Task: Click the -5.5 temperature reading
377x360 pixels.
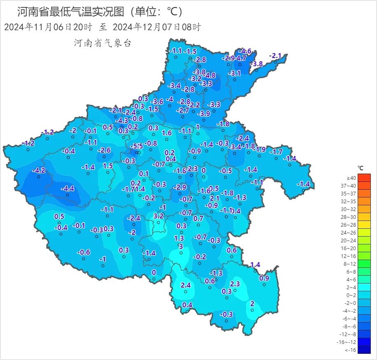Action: tap(137, 146)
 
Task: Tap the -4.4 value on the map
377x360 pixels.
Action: tap(67, 188)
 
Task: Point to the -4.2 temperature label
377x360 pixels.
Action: tap(39, 170)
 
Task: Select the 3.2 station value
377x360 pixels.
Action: tap(158, 216)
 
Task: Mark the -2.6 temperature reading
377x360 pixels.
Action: tap(105, 150)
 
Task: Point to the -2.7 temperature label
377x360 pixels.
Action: tap(182, 110)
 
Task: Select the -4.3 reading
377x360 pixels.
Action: tap(121, 121)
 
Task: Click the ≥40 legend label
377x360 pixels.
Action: tap(351, 178)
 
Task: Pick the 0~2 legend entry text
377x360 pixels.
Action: tap(351, 295)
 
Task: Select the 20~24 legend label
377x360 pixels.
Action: tap(351, 240)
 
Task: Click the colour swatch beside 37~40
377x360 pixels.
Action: tap(364, 186)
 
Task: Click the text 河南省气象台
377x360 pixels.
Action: tap(102, 43)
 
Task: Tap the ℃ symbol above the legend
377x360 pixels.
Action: tap(361, 168)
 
